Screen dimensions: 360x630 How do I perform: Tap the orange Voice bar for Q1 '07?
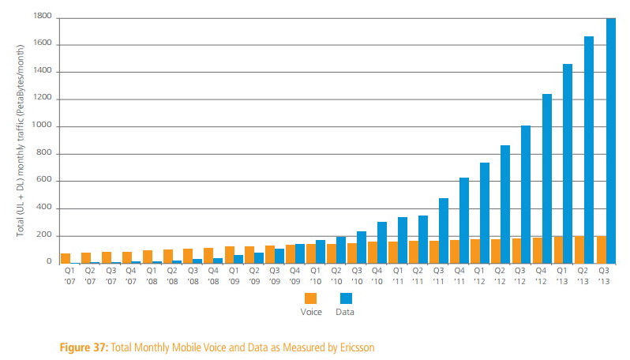tap(66, 258)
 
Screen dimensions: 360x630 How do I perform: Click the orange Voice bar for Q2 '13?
tap(579, 249)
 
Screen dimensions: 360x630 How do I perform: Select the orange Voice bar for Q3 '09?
tap(270, 254)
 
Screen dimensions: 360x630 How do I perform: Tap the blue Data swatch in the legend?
tap(344, 298)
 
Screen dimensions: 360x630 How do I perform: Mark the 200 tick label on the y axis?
tap(46, 236)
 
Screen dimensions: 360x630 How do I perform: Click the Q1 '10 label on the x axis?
tap(315, 276)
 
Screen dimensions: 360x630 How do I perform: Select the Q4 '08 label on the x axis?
tap(212, 276)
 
